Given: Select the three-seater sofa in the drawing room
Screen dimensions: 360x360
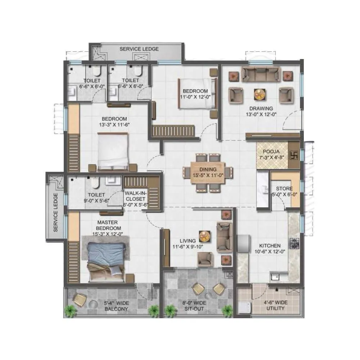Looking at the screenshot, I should pos(261,74).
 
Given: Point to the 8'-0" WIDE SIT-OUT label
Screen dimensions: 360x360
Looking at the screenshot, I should pos(194,306).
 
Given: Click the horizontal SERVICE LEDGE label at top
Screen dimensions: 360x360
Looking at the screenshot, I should pos(139,49).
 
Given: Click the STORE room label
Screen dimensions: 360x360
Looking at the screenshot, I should pos(284,189).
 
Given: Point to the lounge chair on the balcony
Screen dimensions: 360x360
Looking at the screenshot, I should pos(80,300).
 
